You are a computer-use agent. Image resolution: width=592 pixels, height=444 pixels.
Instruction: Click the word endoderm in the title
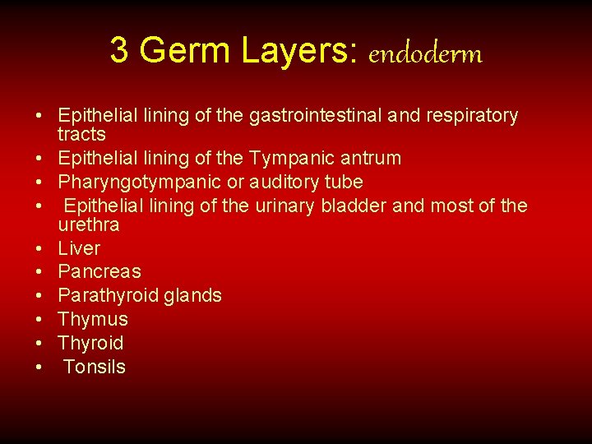[x=425, y=53]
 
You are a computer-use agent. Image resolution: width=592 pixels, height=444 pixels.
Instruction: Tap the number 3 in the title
[x=119, y=51]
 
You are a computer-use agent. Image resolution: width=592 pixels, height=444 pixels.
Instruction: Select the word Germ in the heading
[x=185, y=51]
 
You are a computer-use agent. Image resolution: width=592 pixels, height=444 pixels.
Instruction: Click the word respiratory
[x=471, y=116]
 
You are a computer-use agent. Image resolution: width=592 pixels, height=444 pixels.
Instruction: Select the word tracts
[x=81, y=134]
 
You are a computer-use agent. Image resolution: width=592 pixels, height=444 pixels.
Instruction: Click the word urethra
[x=89, y=224]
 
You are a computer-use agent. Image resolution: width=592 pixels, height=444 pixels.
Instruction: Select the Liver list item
[x=79, y=248]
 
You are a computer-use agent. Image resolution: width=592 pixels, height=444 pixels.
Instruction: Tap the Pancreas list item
[x=99, y=271]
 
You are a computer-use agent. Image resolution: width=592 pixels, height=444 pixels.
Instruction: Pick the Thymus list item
[x=93, y=319]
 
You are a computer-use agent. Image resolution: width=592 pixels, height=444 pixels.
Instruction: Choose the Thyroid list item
[x=90, y=343]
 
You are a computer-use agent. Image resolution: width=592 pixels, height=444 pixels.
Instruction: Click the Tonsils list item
[x=94, y=367]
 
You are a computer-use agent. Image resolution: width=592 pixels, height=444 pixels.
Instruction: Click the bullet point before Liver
[x=39, y=248]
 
